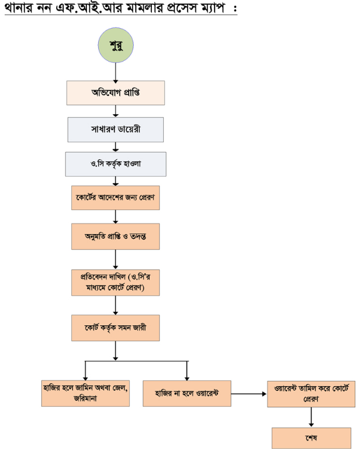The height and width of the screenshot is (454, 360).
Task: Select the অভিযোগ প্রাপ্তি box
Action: click(115, 92)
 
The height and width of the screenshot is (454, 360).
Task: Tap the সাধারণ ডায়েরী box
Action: click(115, 129)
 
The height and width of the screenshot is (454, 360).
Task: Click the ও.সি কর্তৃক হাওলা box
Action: click(115, 164)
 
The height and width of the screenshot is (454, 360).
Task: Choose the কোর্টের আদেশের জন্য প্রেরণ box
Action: click(115, 198)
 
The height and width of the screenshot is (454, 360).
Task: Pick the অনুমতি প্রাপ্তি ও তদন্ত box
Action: click(115, 237)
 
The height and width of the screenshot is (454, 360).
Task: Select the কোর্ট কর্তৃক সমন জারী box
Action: click(115, 328)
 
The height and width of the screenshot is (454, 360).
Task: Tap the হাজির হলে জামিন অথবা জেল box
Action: click(86, 392)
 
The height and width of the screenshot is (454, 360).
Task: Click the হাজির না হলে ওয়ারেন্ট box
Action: click(186, 393)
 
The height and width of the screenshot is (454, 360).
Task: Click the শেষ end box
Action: click(310, 437)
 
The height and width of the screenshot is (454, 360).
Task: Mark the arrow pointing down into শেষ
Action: click(310, 417)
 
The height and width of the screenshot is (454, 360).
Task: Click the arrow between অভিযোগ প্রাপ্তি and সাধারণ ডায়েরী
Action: click(115, 111)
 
